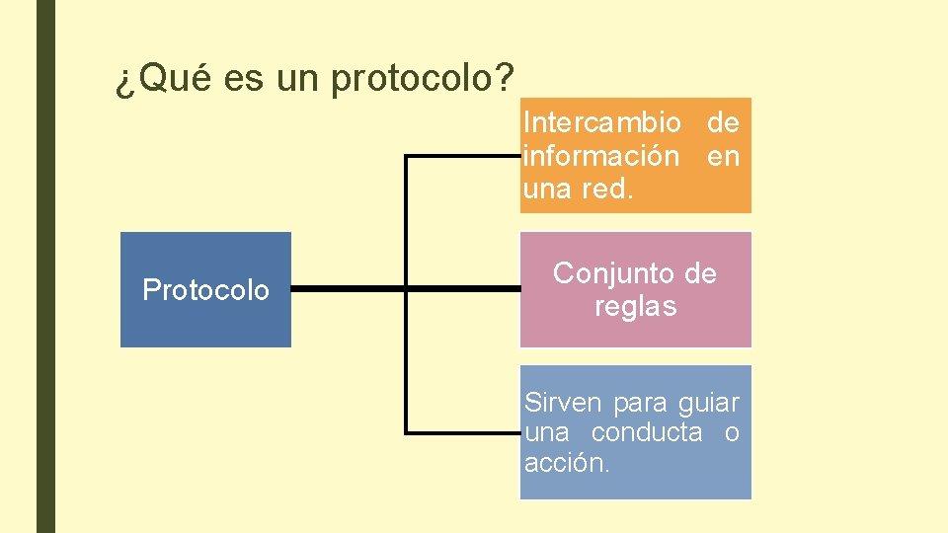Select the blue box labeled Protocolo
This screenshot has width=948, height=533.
[205, 289]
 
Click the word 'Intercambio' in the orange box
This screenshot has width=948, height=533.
[601, 122]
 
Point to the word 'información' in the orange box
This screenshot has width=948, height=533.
[601, 156]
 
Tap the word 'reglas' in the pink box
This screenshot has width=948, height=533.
[636, 306]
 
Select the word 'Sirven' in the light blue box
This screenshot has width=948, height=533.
[563, 403]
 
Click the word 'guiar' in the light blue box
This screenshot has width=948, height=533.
[709, 403]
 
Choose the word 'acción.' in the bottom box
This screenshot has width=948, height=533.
[567, 462]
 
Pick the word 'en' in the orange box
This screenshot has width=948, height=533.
[723, 156]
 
